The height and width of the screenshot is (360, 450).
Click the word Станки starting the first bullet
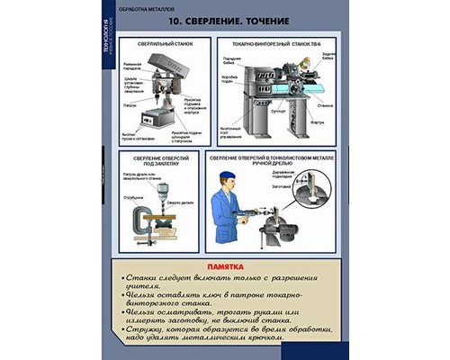(141, 279)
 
